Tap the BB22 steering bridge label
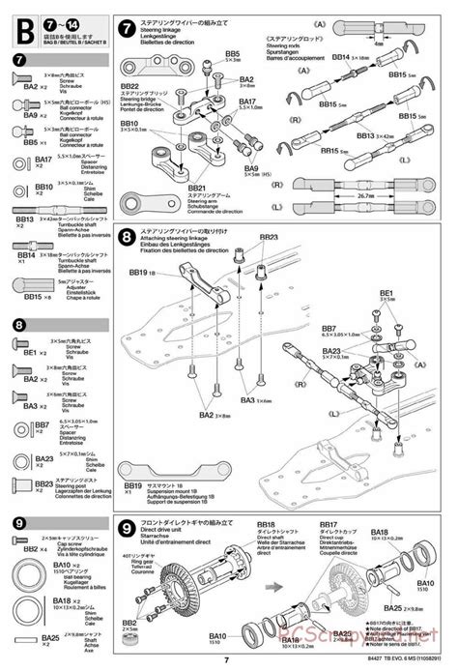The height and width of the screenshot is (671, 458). click(x=131, y=86)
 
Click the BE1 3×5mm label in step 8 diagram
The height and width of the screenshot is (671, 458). click(x=387, y=293)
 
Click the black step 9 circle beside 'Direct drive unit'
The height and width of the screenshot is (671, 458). click(x=126, y=529)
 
